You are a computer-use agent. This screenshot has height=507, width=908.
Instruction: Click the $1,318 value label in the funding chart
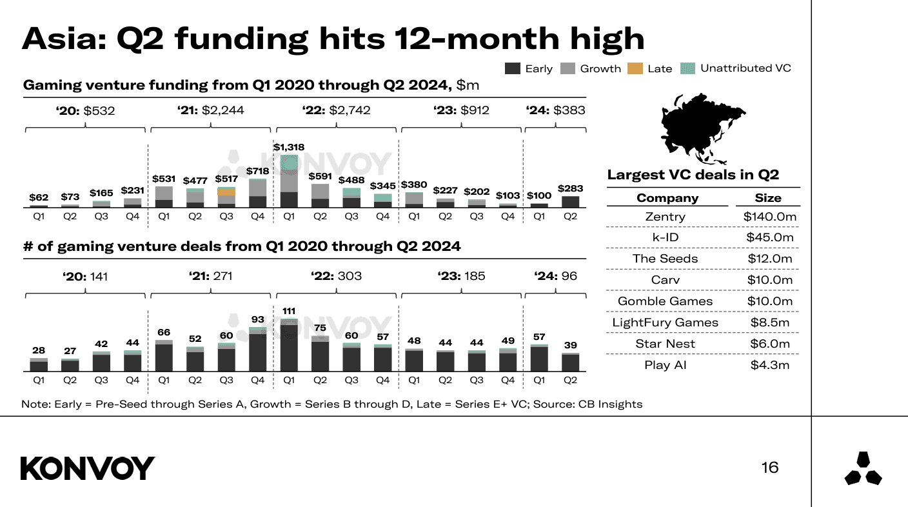(x=288, y=147)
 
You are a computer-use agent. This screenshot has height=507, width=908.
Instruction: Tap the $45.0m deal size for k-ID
(x=769, y=237)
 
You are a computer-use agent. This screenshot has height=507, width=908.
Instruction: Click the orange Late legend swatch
(x=634, y=68)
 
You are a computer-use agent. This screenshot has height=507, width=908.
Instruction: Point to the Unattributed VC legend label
(x=745, y=68)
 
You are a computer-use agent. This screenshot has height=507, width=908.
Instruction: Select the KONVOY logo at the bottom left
(x=88, y=468)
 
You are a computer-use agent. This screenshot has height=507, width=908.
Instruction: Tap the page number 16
(x=769, y=468)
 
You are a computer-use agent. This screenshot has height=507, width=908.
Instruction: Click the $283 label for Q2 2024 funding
(x=570, y=188)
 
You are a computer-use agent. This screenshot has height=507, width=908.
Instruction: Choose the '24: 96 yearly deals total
(x=555, y=276)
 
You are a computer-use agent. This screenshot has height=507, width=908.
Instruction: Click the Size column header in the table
(x=767, y=198)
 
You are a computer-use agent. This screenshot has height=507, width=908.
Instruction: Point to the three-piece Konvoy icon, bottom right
(x=863, y=469)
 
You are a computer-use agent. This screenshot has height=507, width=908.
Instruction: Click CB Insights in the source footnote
(x=606, y=404)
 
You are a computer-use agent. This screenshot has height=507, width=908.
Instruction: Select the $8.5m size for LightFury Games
(x=769, y=323)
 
